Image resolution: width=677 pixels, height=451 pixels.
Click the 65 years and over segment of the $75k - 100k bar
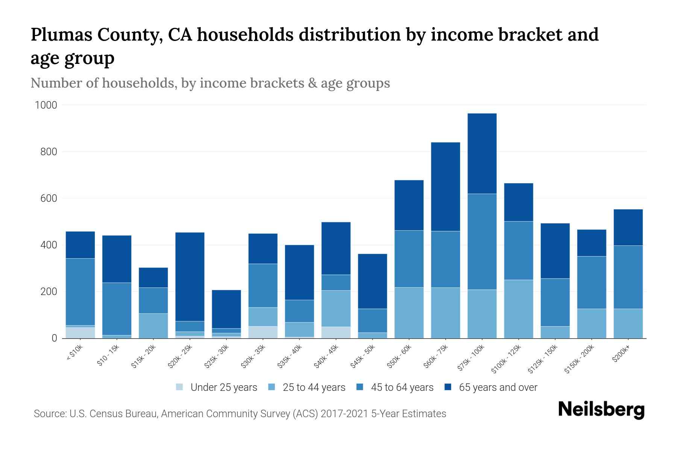[x=482, y=153]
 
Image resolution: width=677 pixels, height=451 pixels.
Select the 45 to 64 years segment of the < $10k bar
[x=80, y=292]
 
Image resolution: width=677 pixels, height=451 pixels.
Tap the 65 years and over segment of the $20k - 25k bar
[x=190, y=277]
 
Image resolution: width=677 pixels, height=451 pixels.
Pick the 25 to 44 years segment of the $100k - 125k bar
[x=518, y=309]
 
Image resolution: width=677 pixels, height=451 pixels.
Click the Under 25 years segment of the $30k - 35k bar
[x=263, y=332]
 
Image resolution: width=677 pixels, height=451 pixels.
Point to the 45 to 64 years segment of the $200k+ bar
[x=628, y=277]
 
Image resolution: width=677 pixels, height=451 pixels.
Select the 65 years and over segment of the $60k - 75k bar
[x=445, y=186]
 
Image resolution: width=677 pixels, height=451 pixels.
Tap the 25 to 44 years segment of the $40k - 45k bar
[x=336, y=308]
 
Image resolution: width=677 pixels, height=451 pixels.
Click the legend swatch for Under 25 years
[x=180, y=387]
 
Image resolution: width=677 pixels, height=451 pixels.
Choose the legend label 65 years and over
[x=498, y=387]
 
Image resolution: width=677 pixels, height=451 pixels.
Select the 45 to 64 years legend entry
[x=402, y=387]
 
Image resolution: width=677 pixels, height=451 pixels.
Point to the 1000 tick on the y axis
[x=46, y=105]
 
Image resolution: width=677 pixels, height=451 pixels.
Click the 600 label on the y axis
[x=49, y=198]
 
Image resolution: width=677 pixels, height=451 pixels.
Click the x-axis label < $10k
[x=74, y=352]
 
